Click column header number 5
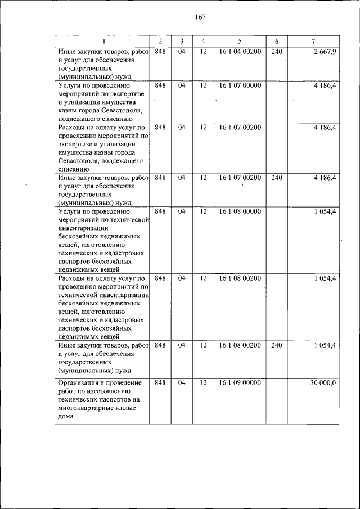click(240, 42)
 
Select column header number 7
click(313, 42)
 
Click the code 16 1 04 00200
click(240, 52)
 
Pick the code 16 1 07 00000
click(240, 85)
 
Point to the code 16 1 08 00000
click(240, 211)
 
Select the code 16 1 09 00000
click(240, 382)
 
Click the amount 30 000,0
click(323, 382)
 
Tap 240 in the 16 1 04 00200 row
click(276, 52)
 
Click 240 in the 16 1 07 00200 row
click(276, 178)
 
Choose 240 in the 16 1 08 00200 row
click(276, 345)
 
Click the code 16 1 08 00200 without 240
click(240, 278)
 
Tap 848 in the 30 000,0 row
click(160, 382)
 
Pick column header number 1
click(103, 42)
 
